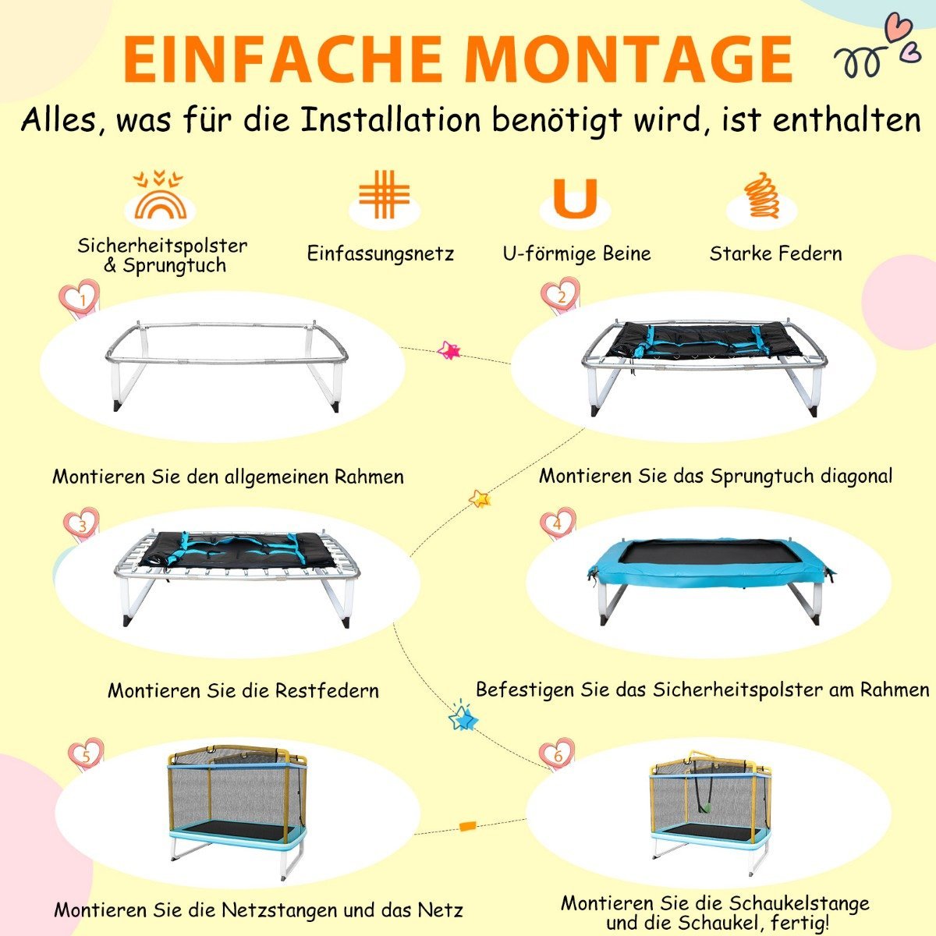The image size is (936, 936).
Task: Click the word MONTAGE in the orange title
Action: pos(630,59)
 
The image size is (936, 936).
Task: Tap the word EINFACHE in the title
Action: pos(283,59)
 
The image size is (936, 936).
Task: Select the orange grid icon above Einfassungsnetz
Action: pos(384,194)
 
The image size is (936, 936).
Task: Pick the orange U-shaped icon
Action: pos(575,198)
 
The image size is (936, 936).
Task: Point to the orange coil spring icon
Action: pos(761,195)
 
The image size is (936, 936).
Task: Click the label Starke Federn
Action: pos(775,253)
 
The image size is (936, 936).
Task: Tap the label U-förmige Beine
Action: pos(576,253)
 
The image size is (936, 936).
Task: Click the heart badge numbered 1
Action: pos(80,300)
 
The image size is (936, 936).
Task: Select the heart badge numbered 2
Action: pos(561,296)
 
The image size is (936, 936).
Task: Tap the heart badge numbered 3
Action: pos(82,526)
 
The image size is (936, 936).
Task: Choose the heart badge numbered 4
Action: pos(558,523)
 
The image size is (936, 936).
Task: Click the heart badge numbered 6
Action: pos(557,754)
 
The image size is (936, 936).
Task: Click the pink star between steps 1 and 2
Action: pos(449,349)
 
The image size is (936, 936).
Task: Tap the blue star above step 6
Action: pos(463,717)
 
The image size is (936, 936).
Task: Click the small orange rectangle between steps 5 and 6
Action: pos(467,826)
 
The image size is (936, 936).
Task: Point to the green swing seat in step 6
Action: pos(705,808)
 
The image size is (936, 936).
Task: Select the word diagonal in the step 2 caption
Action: pos(856,476)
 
